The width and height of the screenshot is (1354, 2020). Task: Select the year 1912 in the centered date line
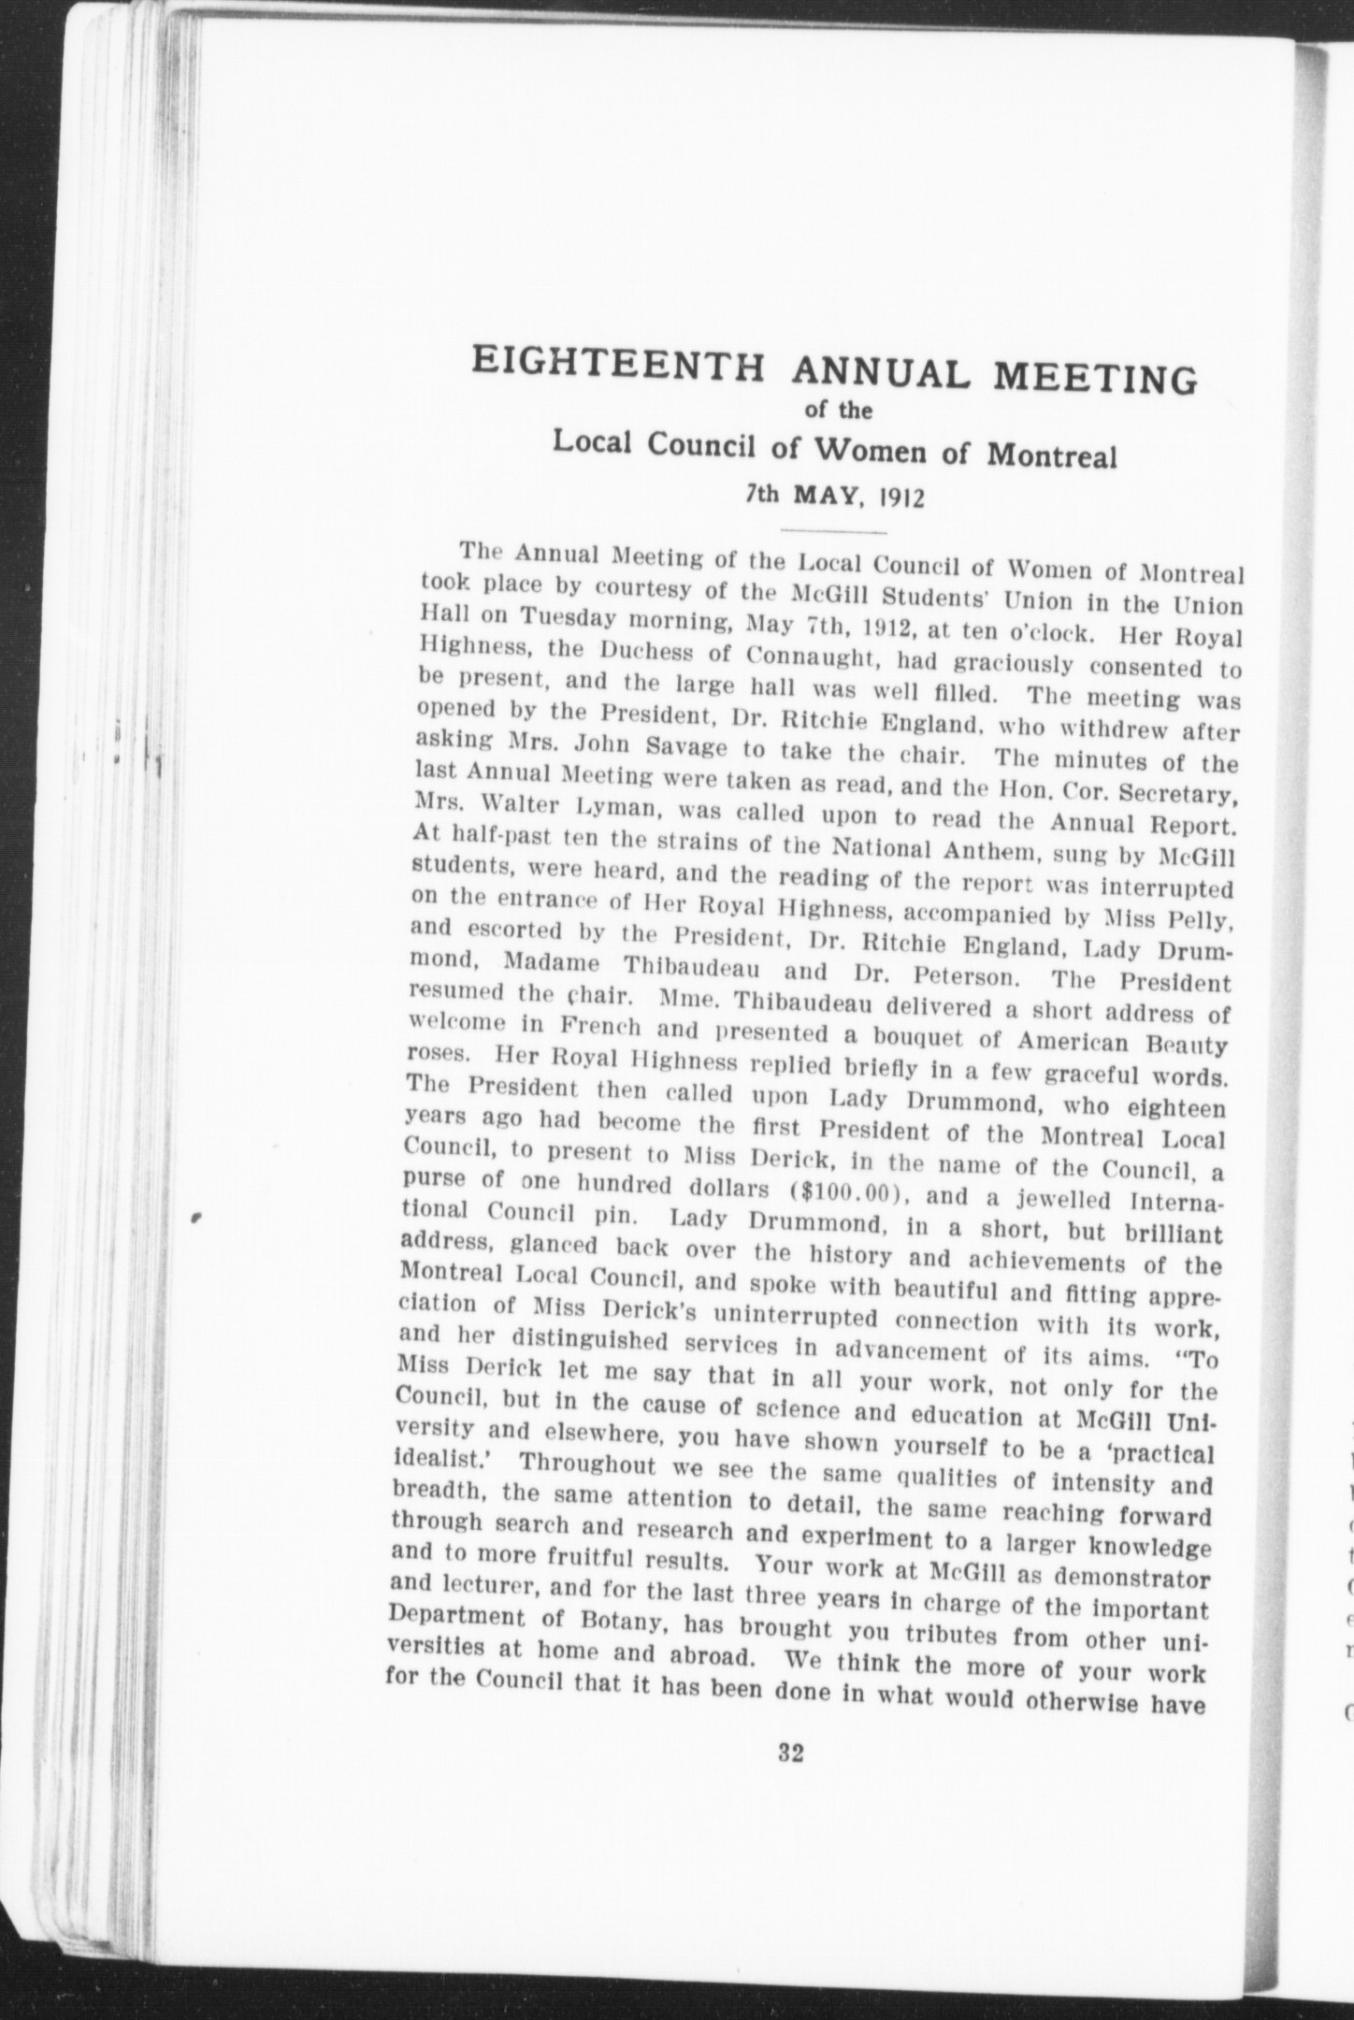tap(899, 497)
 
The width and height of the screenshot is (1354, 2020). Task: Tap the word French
tap(598, 1027)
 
